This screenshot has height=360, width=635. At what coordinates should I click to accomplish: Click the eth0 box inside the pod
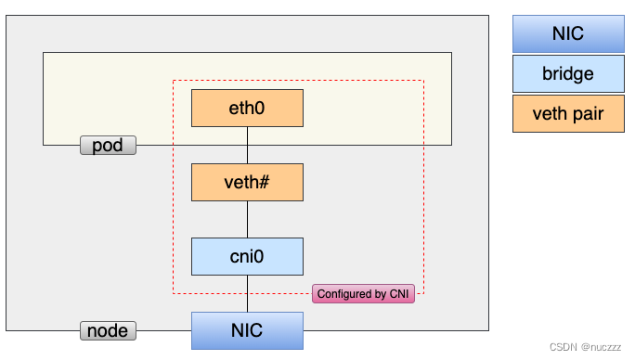point(247,108)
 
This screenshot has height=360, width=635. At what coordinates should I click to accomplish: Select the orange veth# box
point(247,182)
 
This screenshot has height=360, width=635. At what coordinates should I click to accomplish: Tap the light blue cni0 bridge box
point(247,256)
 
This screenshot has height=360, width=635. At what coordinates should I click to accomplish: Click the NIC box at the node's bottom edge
point(247,330)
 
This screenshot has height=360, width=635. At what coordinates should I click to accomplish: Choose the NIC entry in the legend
point(567,34)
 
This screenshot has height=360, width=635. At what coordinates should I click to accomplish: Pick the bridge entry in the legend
point(567,74)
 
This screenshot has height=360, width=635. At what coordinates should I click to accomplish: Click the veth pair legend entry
point(567,114)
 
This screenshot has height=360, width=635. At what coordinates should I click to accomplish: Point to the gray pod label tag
point(108,146)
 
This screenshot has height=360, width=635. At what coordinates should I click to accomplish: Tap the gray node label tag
point(108,330)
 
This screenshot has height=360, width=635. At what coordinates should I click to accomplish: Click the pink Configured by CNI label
point(364,294)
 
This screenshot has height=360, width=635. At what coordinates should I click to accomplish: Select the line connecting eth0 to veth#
point(247,145)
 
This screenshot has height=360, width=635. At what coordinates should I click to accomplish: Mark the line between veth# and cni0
point(247,219)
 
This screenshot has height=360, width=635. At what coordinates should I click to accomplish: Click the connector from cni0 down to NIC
point(247,293)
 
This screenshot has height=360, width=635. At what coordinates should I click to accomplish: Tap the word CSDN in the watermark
point(564,348)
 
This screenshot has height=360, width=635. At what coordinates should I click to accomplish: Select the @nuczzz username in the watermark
point(604,348)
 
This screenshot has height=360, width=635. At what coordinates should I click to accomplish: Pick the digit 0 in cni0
point(261,256)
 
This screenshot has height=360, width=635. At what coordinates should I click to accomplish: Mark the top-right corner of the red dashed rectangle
point(423,81)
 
